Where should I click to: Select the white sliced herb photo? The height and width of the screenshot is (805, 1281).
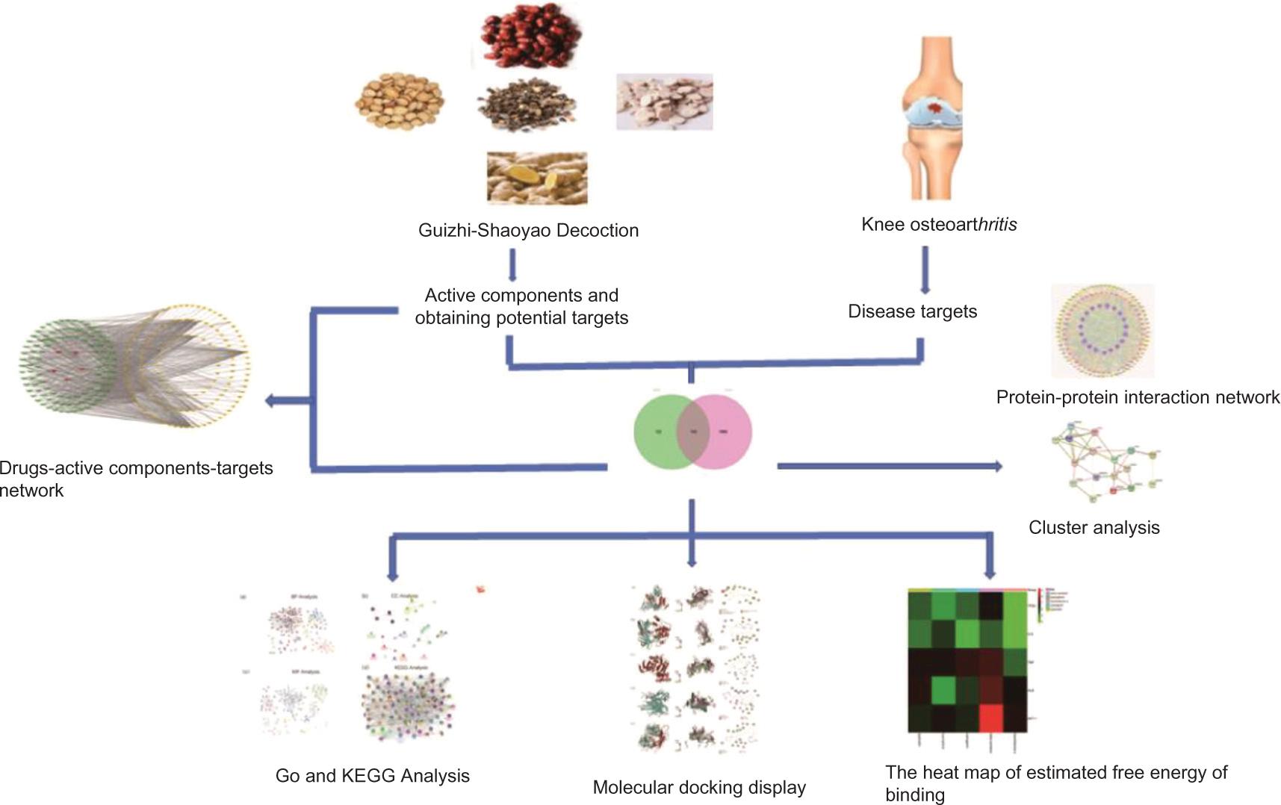[x=664, y=102]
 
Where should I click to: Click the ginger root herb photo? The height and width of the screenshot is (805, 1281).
[x=536, y=178]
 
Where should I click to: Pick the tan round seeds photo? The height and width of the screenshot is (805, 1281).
[x=399, y=102]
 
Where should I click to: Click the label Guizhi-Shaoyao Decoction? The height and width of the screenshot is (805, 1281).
[x=528, y=230]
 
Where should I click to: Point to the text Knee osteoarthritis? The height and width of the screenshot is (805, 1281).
[x=939, y=224]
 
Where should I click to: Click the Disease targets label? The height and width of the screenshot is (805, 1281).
[x=912, y=311]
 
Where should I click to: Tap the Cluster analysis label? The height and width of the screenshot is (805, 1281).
[x=1094, y=527]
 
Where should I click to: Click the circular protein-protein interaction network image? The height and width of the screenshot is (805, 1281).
[x=1102, y=330]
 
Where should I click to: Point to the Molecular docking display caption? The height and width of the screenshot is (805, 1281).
[x=699, y=787]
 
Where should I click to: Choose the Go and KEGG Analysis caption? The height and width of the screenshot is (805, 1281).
[x=372, y=775]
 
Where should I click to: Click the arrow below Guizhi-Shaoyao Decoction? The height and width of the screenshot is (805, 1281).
[x=512, y=266]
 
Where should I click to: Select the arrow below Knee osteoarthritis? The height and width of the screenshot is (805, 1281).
[x=925, y=270]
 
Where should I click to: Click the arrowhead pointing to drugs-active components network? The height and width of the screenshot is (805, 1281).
[x=270, y=401]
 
